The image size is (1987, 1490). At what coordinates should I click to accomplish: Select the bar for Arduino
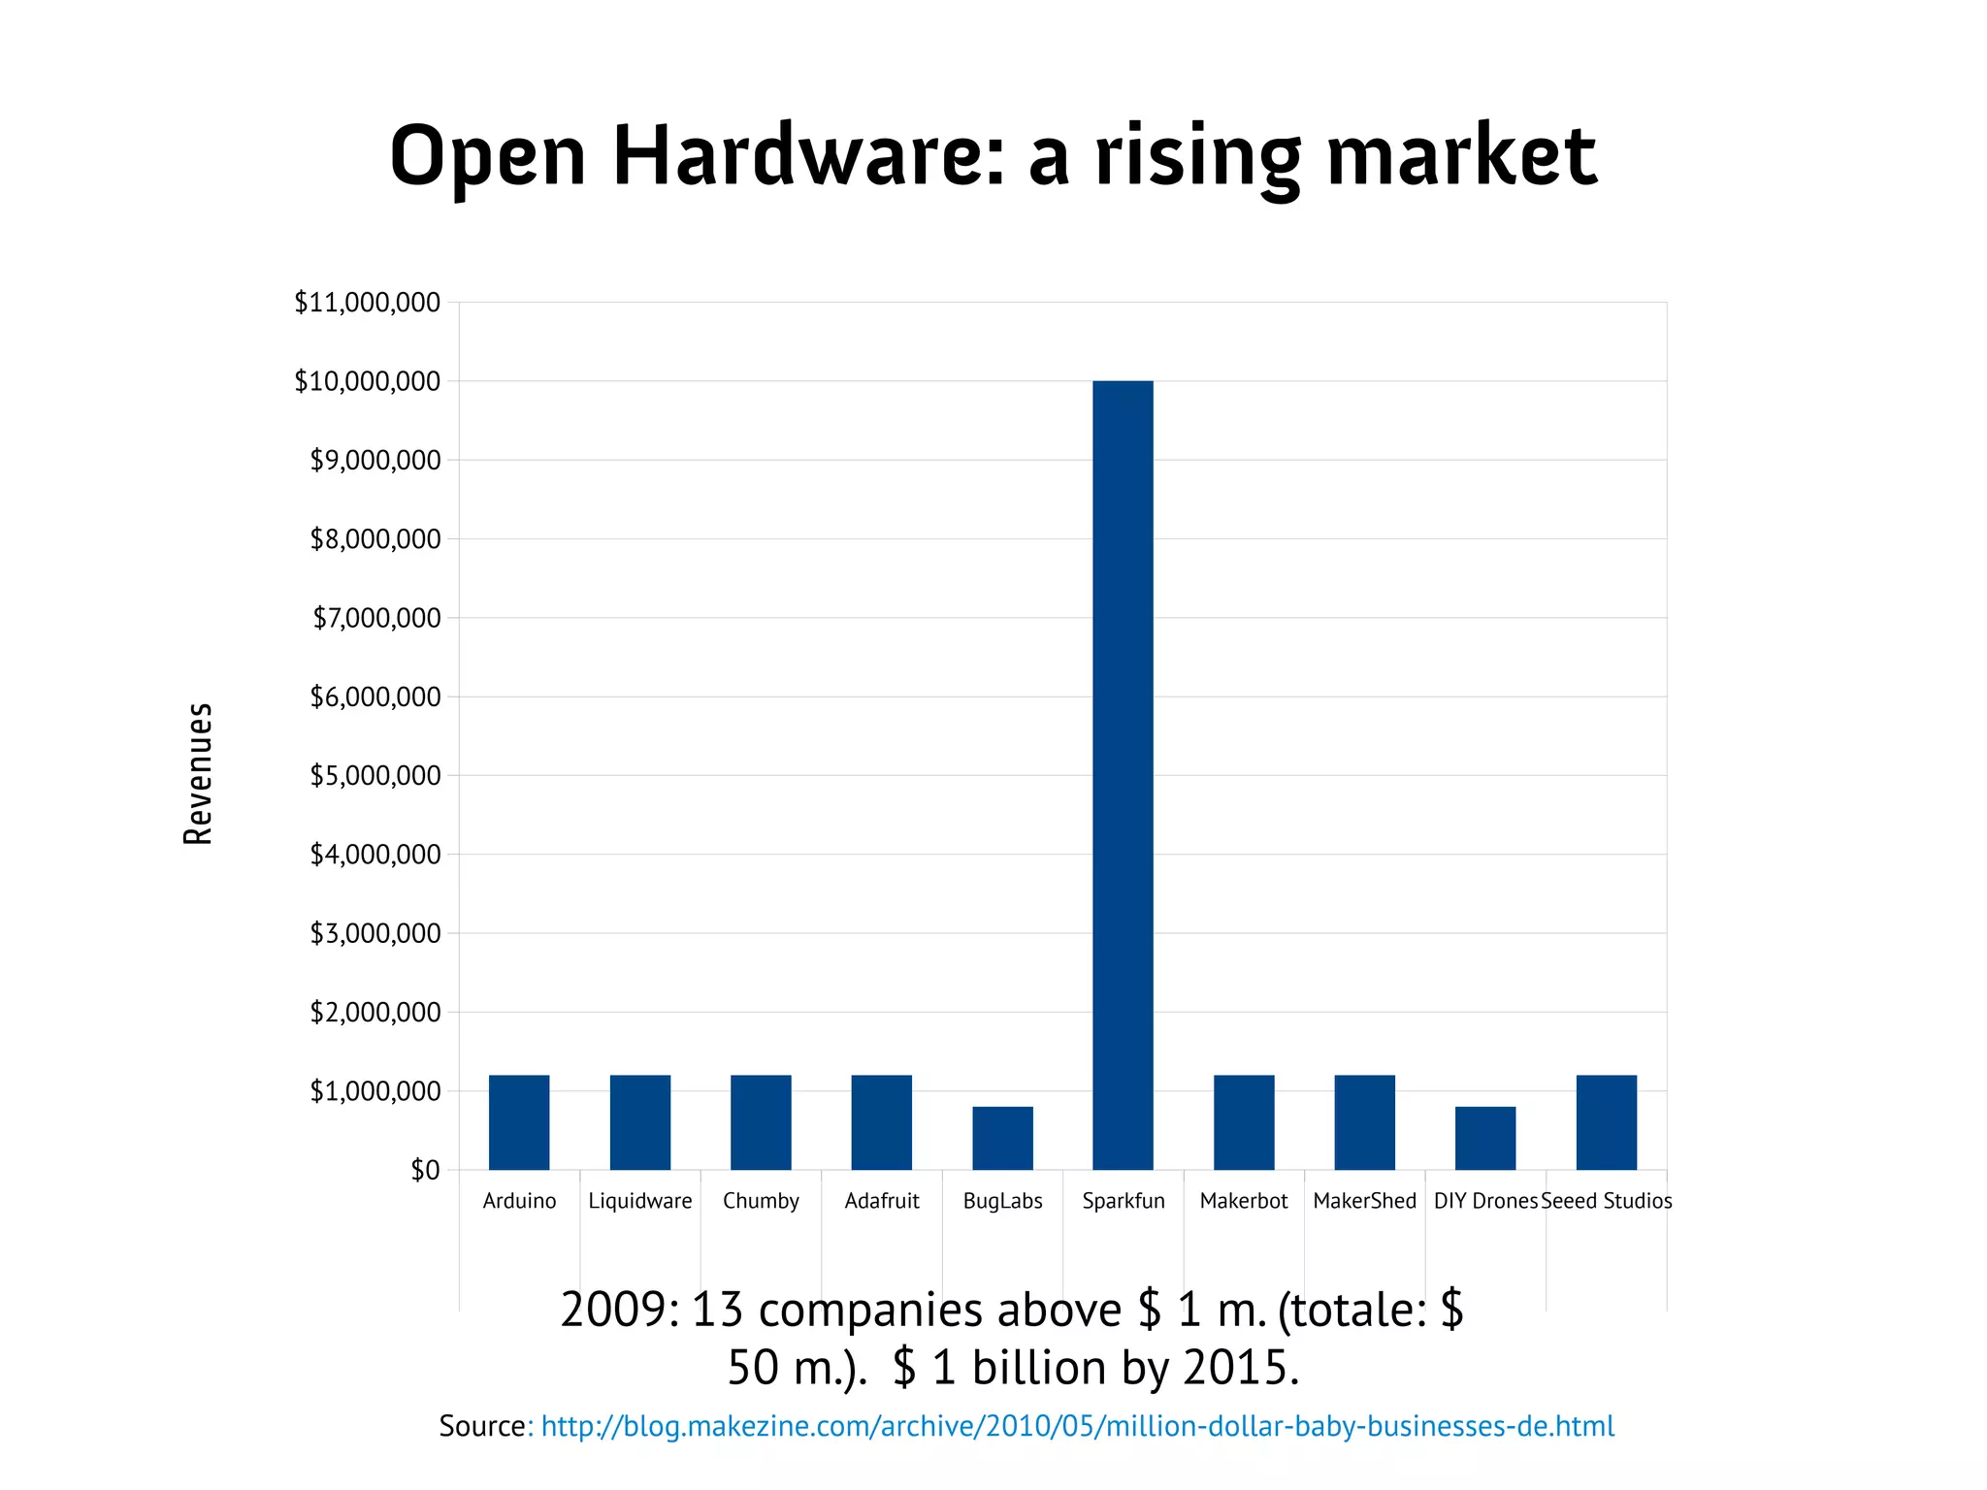[519, 1122]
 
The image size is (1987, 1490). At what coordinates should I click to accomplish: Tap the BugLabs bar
[1002, 1138]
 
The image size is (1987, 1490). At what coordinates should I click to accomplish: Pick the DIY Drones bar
[1485, 1138]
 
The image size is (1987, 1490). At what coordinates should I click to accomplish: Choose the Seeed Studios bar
[1606, 1122]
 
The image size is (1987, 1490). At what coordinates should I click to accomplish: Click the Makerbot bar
[1244, 1122]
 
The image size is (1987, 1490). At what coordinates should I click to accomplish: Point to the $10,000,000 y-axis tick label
[367, 381]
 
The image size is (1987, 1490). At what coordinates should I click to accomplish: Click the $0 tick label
[425, 1170]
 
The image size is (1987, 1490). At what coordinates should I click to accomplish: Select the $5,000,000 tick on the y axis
[375, 775]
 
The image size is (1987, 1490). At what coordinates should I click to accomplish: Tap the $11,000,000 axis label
[367, 303]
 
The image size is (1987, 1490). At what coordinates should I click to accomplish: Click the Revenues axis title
[198, 774]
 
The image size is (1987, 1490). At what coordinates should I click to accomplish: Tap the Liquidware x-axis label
[640, 1201]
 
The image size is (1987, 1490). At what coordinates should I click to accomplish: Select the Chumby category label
[761, 1201]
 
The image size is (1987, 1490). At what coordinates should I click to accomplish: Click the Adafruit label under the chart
[882, 1201]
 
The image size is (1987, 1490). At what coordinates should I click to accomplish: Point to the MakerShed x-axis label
[1364, 1201]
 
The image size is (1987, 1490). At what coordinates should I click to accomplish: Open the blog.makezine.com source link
[1077, 1426]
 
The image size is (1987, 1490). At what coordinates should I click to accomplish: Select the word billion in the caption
[1039, 1368]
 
